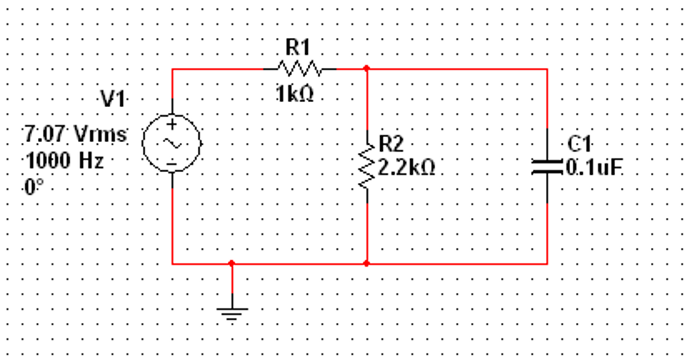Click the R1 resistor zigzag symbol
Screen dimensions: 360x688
(x=299, y=69)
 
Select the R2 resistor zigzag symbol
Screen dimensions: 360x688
(x=367, y=167)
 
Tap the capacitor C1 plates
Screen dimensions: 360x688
(x=547, y=167)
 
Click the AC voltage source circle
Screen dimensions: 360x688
(x=172, y=143)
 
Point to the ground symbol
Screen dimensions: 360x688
(x=232, y=313)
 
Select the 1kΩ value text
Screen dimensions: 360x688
(x=295, y=94)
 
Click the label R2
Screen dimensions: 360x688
(x=391, y=144)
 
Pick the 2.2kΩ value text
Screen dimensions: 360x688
(x=407, y=167)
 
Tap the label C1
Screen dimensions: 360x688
(x=579, y=144)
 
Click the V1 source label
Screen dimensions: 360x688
(x=113, y=99)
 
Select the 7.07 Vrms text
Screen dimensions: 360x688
(x=76, y=134)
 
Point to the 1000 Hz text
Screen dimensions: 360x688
(x=65, y=160)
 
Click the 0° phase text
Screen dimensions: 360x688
(x=34, y=187)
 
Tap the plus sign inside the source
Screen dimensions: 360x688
(x=172, y=125)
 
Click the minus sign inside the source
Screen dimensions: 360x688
(x=172, y=164)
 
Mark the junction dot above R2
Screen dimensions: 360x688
(x=367, y=69)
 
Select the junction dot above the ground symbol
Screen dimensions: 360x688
(x=232, y=263)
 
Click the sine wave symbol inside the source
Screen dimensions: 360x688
(x=172, y=144)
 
